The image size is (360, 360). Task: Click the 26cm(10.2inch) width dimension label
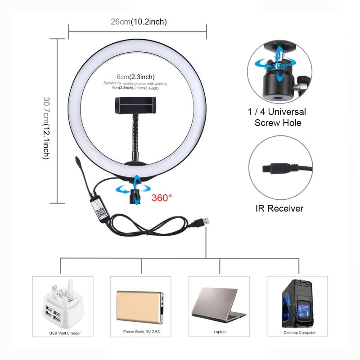click(138, 22)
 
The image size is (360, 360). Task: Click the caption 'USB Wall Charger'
click(63, 333)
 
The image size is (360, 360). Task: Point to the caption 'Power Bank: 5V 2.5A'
click(140, 332)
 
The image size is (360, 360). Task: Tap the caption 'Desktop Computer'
click(299, 333)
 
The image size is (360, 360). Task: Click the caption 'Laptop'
click(220, 332)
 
